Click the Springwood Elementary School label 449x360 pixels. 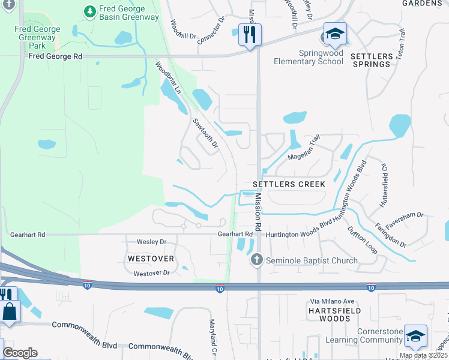click(x=309, y=57)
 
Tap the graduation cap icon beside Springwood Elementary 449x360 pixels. click(x=335, y=35)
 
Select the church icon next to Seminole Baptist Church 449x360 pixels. click(x=257, y=260)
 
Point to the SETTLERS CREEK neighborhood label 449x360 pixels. click(x=289, y=184)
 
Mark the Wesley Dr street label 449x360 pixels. click(x=151, y=242)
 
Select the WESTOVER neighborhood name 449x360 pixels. click(x=151, y=259)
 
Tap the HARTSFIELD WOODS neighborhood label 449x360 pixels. click(x=329, y=314)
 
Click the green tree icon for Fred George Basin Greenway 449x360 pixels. click(x=89, y=11)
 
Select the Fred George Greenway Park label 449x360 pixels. click(x=37, y=37)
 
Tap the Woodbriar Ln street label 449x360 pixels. click(x=167, y=77)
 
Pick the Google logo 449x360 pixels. click(x=20, y=352)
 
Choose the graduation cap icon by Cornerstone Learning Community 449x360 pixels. click(x=415, y=337)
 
